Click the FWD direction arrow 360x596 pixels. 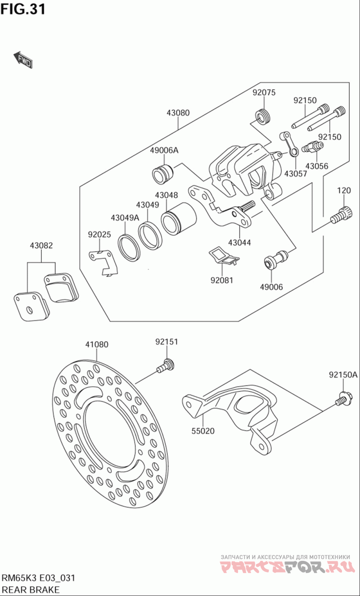click(x=23, y=60)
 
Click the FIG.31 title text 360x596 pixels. click(x=23, y=9)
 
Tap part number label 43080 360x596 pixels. click(x=178, y=113)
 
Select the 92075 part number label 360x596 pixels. click(x=264, y=93)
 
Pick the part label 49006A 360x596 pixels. click(x=164, y=150)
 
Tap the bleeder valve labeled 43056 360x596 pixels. click(x=313, y=147)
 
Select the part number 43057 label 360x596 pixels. click(x=295, y=174)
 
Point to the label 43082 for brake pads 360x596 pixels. click(x=41, y=245)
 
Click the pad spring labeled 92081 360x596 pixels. click(x=224, y=255)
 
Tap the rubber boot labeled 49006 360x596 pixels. click(x=276, y=259)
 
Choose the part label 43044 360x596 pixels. click(x=239, y=243)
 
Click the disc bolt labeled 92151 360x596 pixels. click(x=166, y=365)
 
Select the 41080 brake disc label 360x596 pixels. click(x=97, y=344)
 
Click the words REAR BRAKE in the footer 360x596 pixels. click(x=31, y=590)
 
